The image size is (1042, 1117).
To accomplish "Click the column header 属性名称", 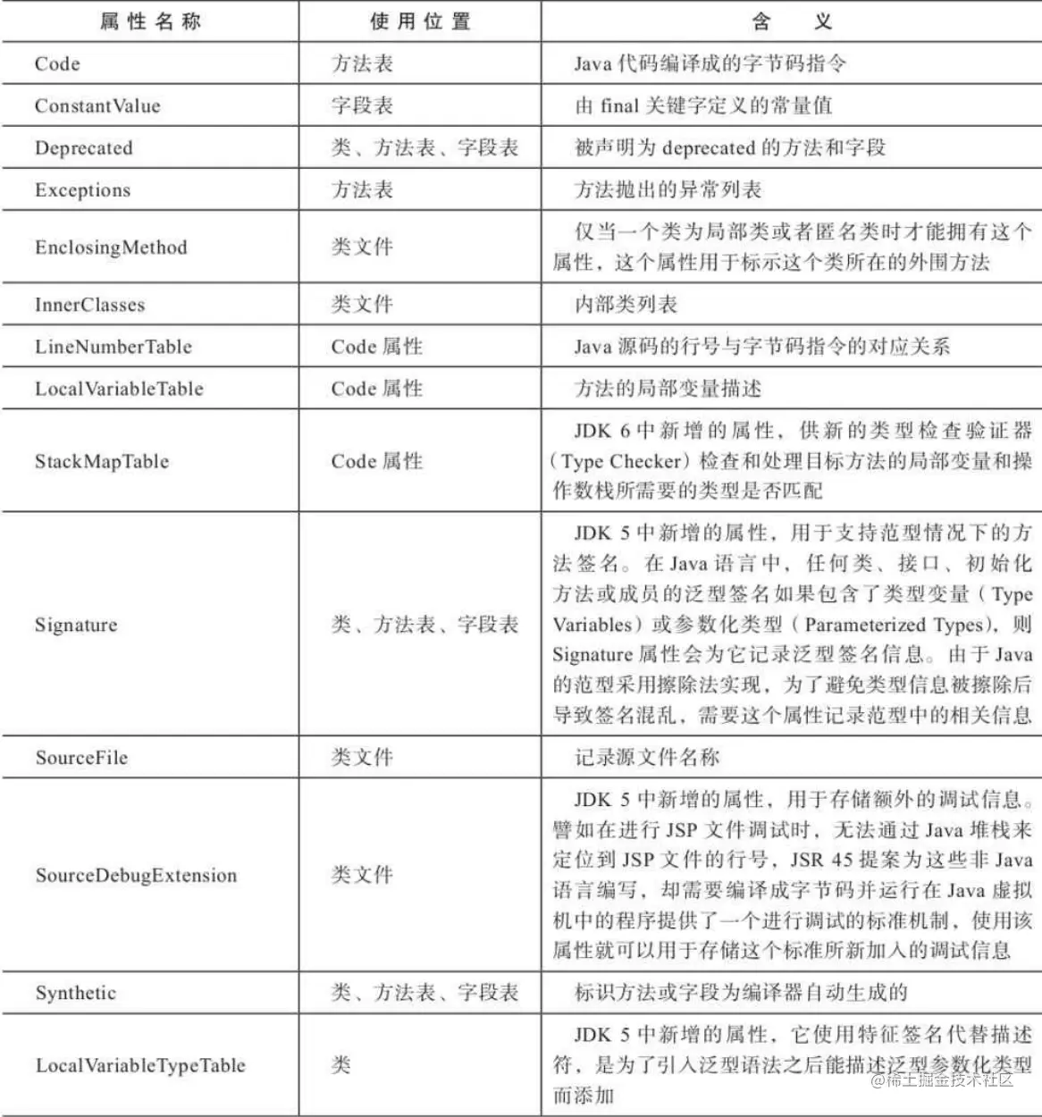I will [x=150, y=21].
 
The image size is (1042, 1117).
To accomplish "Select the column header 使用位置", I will [x=420, y=21].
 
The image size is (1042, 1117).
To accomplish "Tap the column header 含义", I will [x=791, y=21].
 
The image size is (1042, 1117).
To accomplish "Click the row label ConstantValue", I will [x=97, y=105].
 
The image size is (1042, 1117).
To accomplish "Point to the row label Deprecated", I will [x=83, y=147].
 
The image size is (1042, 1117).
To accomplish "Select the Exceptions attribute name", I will [x=82, y=189].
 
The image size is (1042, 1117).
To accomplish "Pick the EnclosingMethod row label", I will [x=111, y=247].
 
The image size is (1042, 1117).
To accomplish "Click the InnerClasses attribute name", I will [x=89, y=305].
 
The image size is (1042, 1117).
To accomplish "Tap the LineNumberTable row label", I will [x=113, y=347].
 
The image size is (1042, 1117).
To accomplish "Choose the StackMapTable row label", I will [x=102, y=461].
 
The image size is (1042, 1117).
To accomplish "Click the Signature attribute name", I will [x=76, y=625].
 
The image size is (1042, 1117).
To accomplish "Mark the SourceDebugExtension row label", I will [x=136, y=875].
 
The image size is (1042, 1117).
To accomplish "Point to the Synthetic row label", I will [x=76, y=993].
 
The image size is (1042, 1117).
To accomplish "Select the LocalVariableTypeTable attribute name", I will [x=140, y=1065].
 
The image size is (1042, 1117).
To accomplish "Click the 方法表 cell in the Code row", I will [x=362, y=63].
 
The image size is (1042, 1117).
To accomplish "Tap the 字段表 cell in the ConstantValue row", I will [x=362, y=105].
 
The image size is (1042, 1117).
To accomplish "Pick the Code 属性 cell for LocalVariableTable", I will [x=376, y=389].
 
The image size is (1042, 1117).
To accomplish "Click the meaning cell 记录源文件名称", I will [x=646, y=757].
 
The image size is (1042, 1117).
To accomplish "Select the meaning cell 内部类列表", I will [x=626, y=305].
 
